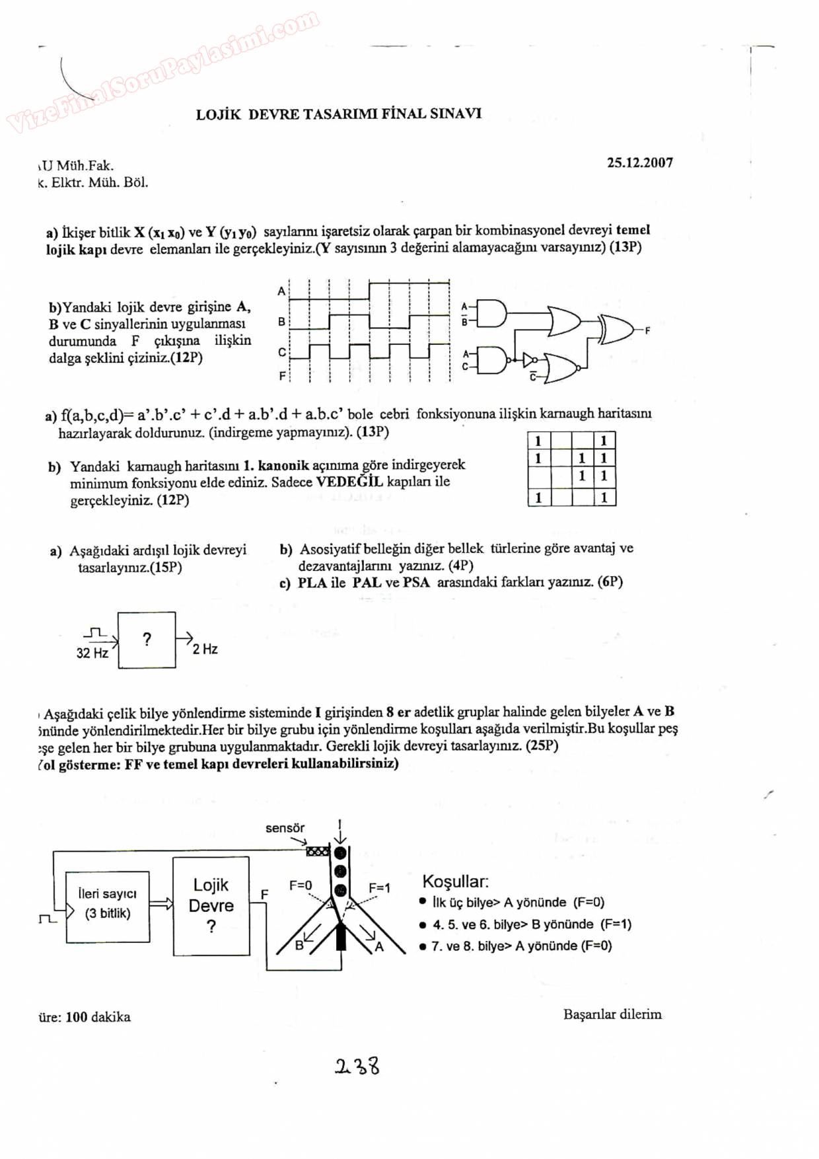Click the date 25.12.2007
pos(639,163)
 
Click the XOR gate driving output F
pos(616,328)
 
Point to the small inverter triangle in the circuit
pos(528,360)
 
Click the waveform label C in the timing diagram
pos(282,352)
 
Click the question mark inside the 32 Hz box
pos(147,639)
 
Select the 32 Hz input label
pos(92,654)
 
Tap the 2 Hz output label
pos(205,650)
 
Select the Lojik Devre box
pos(211,906)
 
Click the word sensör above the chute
pos(285,828)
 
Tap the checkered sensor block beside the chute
pos(318,851)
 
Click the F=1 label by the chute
pos(379,887)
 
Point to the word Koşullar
pos(455,881)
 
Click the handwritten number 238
pos(357,1066)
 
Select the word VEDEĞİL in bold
pos(349,482)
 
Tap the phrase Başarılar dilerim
pos(612,1014)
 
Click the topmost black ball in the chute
pos(340,853)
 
